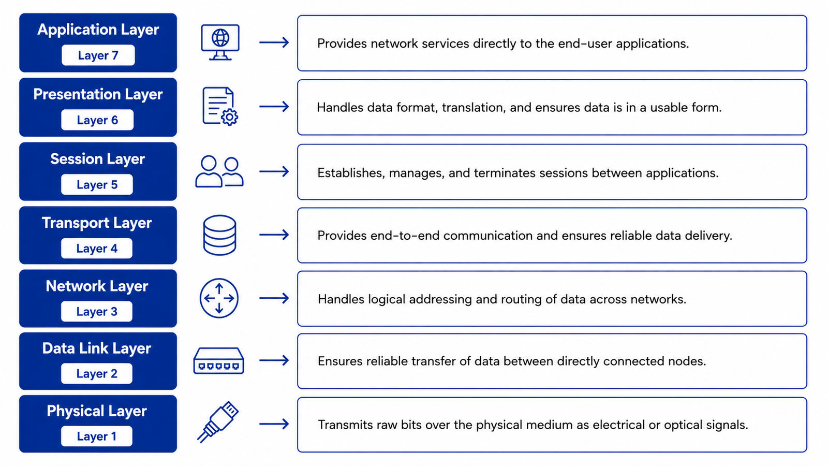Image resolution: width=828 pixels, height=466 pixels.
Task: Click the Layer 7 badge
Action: coord(98,55)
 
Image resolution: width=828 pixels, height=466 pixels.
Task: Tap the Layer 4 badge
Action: coord(96,248)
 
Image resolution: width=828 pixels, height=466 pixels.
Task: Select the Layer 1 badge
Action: coord(96,436)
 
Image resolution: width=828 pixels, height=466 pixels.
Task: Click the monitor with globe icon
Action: coord(220,42)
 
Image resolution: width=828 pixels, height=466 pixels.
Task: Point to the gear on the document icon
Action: coord(229,117)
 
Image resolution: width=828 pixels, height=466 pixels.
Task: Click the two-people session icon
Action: coord(219,171)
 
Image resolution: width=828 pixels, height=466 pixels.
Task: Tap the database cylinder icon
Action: coord(219,235)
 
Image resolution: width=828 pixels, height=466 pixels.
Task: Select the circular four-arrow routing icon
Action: coord(219,298)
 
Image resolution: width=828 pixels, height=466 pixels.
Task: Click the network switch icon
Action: coord(219,360)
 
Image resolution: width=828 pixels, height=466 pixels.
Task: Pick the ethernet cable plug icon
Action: coord(218,422)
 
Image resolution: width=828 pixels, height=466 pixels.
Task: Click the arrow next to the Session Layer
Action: coord(274,171)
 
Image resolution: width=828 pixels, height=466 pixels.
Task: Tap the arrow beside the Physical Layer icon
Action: coord(274,424)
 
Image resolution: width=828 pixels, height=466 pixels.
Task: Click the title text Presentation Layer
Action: coord(98,94)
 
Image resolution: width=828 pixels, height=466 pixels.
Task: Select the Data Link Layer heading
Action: coord(97,348)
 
